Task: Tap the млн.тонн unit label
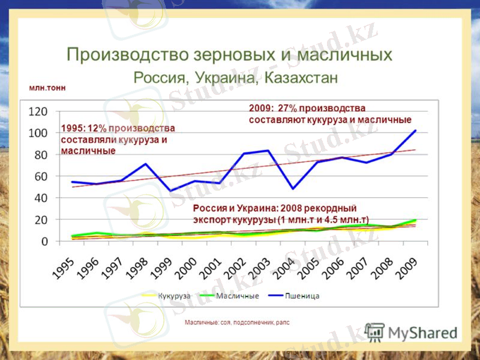(47, 88)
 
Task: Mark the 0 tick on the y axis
(45, 242)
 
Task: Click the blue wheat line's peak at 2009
(415, 130)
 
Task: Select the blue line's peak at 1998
(145, 164)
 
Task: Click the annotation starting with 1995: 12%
(118, 139)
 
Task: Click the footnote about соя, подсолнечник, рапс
(237, 322)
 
